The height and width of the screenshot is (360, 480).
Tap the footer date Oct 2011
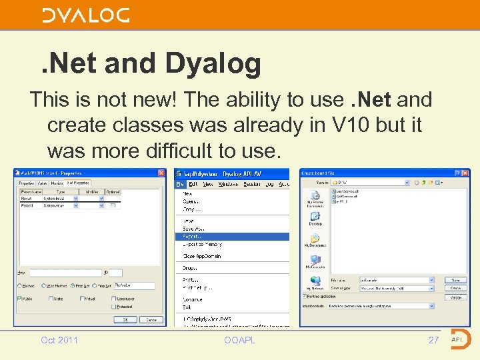(x=59, y=340)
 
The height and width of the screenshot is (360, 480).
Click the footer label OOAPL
(x=239, y=340)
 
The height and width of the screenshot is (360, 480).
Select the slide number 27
(x=433, y=340)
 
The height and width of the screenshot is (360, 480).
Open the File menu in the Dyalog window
(x=179, y=184)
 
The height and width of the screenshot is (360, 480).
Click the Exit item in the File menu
(x=187, y=307)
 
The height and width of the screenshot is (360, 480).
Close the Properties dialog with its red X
(x=161, y=173)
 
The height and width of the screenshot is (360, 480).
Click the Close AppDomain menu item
(x=201, y=256)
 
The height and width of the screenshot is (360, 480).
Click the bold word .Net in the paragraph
(x=371, y=100)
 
